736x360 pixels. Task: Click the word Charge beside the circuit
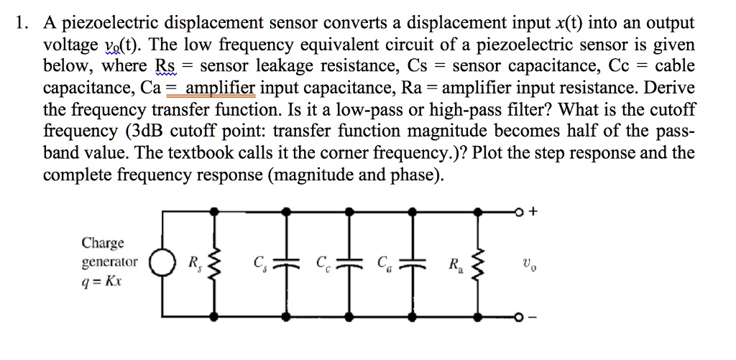click(x=102, y=243)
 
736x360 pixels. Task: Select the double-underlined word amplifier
click(x=221, y=88)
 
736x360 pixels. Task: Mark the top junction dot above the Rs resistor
click(x=213, y=211)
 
